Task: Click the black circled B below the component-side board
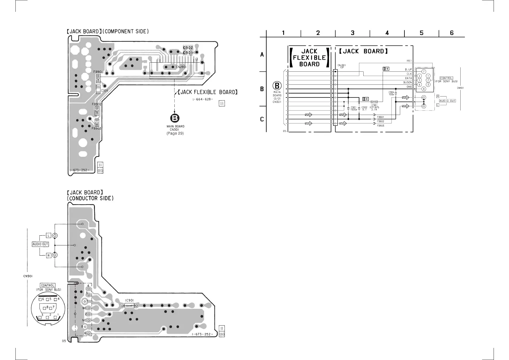point(175,119)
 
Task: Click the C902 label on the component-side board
point(188,48)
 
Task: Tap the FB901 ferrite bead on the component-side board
point(98,79)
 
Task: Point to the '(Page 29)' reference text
point(175,133)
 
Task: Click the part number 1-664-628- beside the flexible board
point(203,100)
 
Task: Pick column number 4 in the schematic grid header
point(387,33)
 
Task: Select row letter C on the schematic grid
point(262,119)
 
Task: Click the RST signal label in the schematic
point(409,61)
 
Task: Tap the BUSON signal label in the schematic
point(407,83)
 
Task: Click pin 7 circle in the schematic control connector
point(424,71)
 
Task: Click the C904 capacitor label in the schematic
point(391,92)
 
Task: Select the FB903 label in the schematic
point(381,126)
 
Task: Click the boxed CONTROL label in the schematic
point(446,78)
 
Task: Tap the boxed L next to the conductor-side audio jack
point(48,235)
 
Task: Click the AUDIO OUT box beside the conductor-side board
point(40,244)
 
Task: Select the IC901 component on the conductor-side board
point(129,306)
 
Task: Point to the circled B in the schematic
point(277,86)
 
